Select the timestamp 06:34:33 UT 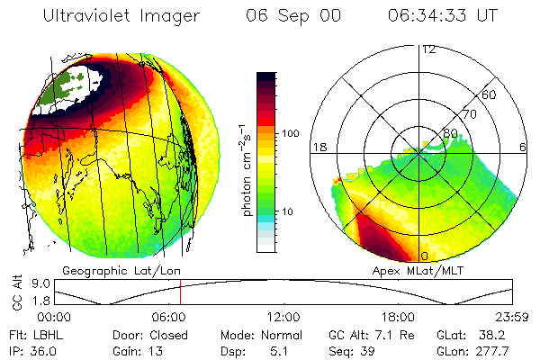[444, 16]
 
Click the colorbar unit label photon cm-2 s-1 [246, 161]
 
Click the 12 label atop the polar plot [428, 49]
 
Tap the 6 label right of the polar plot [523, 147]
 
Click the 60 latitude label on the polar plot [490, 94]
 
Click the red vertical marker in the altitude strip [180, 292]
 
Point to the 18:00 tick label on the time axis [399, 316]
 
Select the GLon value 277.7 [494, 350]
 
